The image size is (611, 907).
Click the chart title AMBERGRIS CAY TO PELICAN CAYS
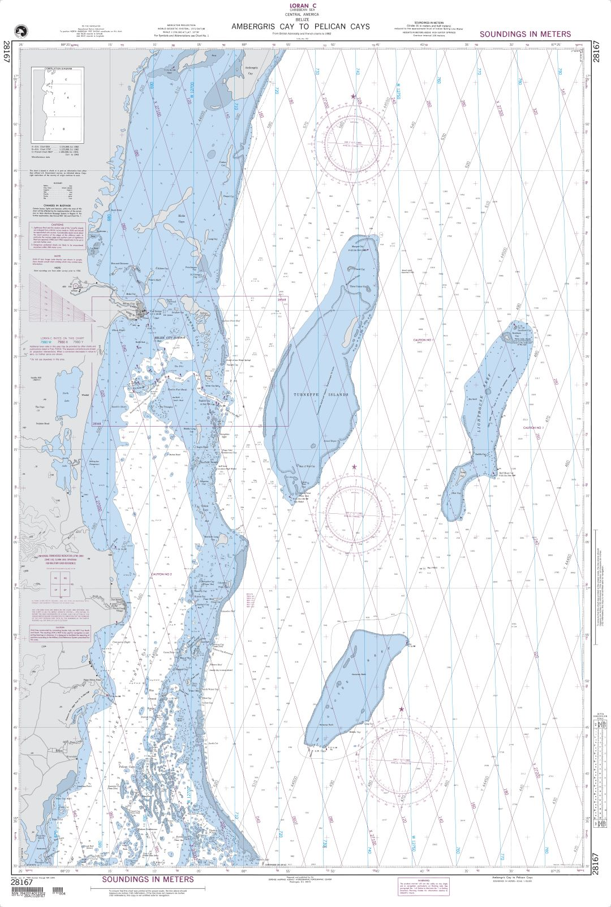[300, 27]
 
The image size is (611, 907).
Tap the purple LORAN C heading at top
[300, 5]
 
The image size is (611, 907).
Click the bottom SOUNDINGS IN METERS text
[148, 879]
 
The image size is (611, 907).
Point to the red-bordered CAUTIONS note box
[57, 237]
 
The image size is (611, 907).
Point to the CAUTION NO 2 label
[160, 574]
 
